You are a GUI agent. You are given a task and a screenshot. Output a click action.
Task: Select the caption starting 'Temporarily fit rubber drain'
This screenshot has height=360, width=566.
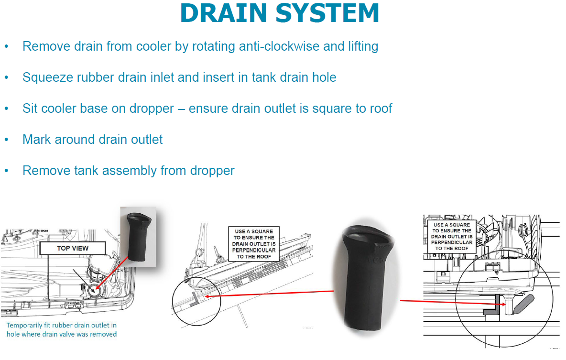62,330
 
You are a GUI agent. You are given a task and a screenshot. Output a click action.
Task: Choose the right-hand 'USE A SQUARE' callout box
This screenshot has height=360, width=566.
452,237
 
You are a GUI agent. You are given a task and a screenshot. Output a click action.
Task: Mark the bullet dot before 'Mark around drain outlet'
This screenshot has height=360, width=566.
7,140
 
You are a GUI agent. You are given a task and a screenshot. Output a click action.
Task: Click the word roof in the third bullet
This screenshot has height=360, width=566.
379,109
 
